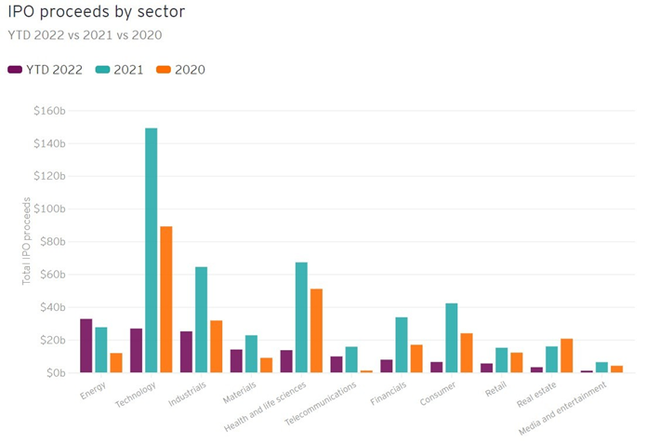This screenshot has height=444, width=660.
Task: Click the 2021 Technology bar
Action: (x=152, y=250)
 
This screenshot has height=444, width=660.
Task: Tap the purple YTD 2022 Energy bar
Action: (x=86, y=345)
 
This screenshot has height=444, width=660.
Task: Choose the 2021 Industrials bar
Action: (x=201, y=319)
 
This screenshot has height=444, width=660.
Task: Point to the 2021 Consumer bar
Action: (x=452, y=338)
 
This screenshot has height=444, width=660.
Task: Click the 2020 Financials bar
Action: (x=416, y=358)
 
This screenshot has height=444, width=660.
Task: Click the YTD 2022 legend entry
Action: (x=47, y=70)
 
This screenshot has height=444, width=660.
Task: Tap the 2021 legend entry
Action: (x=119, y=70)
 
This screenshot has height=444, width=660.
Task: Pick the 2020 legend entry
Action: (x=180, y=70)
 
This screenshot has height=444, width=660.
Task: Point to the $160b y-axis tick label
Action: (x=48, y=111)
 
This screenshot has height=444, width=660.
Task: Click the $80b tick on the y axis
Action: (x=51, y=242)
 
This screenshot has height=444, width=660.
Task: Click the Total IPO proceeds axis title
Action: (x=27, y=241)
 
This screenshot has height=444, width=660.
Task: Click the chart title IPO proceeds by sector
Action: (x=94, y=14)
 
